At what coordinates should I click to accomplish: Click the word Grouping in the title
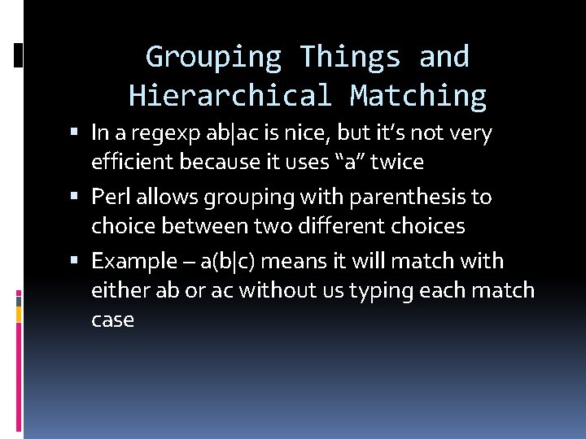[213, 57]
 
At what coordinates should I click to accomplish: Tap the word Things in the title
[350, 57]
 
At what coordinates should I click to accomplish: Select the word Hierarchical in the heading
[230, 96]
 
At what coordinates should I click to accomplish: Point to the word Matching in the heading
[418, 96]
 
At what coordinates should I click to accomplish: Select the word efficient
[133, 162]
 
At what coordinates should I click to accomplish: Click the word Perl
[109, 197]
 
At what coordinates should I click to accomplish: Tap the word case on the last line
[112, 319]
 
